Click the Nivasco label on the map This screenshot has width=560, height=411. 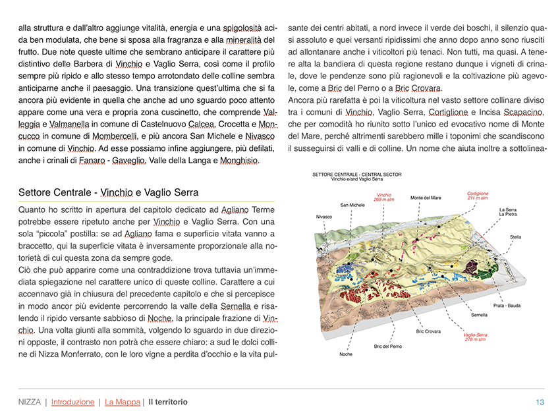[x=324, y=216]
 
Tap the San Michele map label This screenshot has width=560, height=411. [x=352, y=205]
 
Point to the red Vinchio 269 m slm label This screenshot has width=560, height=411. [x=383, y=196]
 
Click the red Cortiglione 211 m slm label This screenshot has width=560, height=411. [x=478, y=196]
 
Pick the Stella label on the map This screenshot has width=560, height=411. [x=515, y=236]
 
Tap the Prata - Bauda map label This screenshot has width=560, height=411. [x=507, y=306]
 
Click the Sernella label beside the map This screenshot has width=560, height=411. [x=479, y=315]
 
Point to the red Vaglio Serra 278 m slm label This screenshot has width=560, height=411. [x=475, y=337]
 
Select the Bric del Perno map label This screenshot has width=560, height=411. [x=387, y=346]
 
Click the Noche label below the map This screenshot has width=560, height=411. [x=345, y=354]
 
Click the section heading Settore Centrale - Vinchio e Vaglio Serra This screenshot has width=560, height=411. [x=109, y=192]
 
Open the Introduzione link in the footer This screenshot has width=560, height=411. [x=72, y=402]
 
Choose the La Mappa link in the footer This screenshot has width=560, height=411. [x=123, y=402]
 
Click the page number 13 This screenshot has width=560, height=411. [x=540, y=402]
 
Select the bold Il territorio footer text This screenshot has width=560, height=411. [x=168, y=402]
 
